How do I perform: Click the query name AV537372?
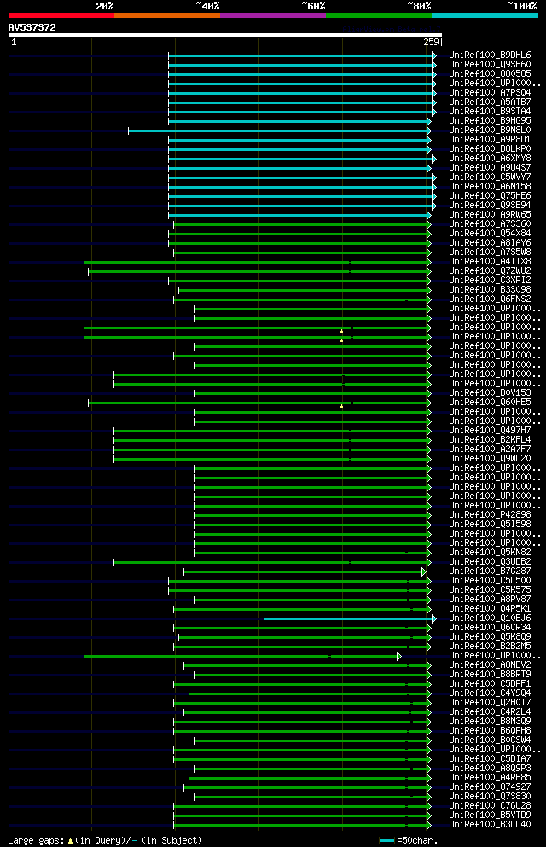click(32, 27)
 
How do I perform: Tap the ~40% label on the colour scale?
click(207, 5)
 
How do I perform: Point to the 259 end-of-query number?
click(430, 42)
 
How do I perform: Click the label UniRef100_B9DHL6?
click(490, 55)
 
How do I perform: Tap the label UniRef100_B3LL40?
click(490, 824)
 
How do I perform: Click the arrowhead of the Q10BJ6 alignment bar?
click(433, 618)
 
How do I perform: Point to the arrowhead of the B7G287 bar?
click(423, 571)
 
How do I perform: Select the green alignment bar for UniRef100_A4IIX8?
click(256, 262)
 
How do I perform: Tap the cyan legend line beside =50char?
click(387, 840)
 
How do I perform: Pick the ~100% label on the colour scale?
click(521, 5)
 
